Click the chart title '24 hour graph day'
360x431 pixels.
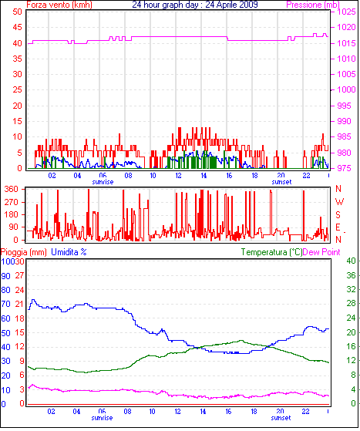(x=165, y=5)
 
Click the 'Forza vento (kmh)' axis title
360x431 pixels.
(x=59, y=5)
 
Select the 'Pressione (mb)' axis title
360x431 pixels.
(x=313, y=5)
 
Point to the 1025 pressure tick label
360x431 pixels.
(x=347, y=12)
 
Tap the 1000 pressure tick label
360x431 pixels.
(x=347, y=89)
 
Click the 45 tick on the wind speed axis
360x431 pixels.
(x=17, y=27)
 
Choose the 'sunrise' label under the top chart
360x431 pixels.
(x=103, y=182)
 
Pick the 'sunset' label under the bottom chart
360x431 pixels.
(x=281, y=418)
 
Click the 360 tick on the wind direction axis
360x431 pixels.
(x=12, y=189)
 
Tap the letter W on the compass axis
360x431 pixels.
(x=339, y=202)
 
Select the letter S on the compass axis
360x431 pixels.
(x=338, y=214)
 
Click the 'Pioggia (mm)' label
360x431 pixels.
(x=24, y=252)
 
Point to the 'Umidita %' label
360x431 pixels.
(x=69, y=252)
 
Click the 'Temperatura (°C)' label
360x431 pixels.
(x=271, y=252)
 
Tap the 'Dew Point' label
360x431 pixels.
(x=321, y=252)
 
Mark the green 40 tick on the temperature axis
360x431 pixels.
(x=351, y=261)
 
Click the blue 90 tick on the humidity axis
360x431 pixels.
(x=5, y=276)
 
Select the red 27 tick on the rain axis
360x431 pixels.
(x=19, y=275)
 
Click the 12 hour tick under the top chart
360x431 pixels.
(x=178, y=175)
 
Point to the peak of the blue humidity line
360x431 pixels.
(x=33, y=300)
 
